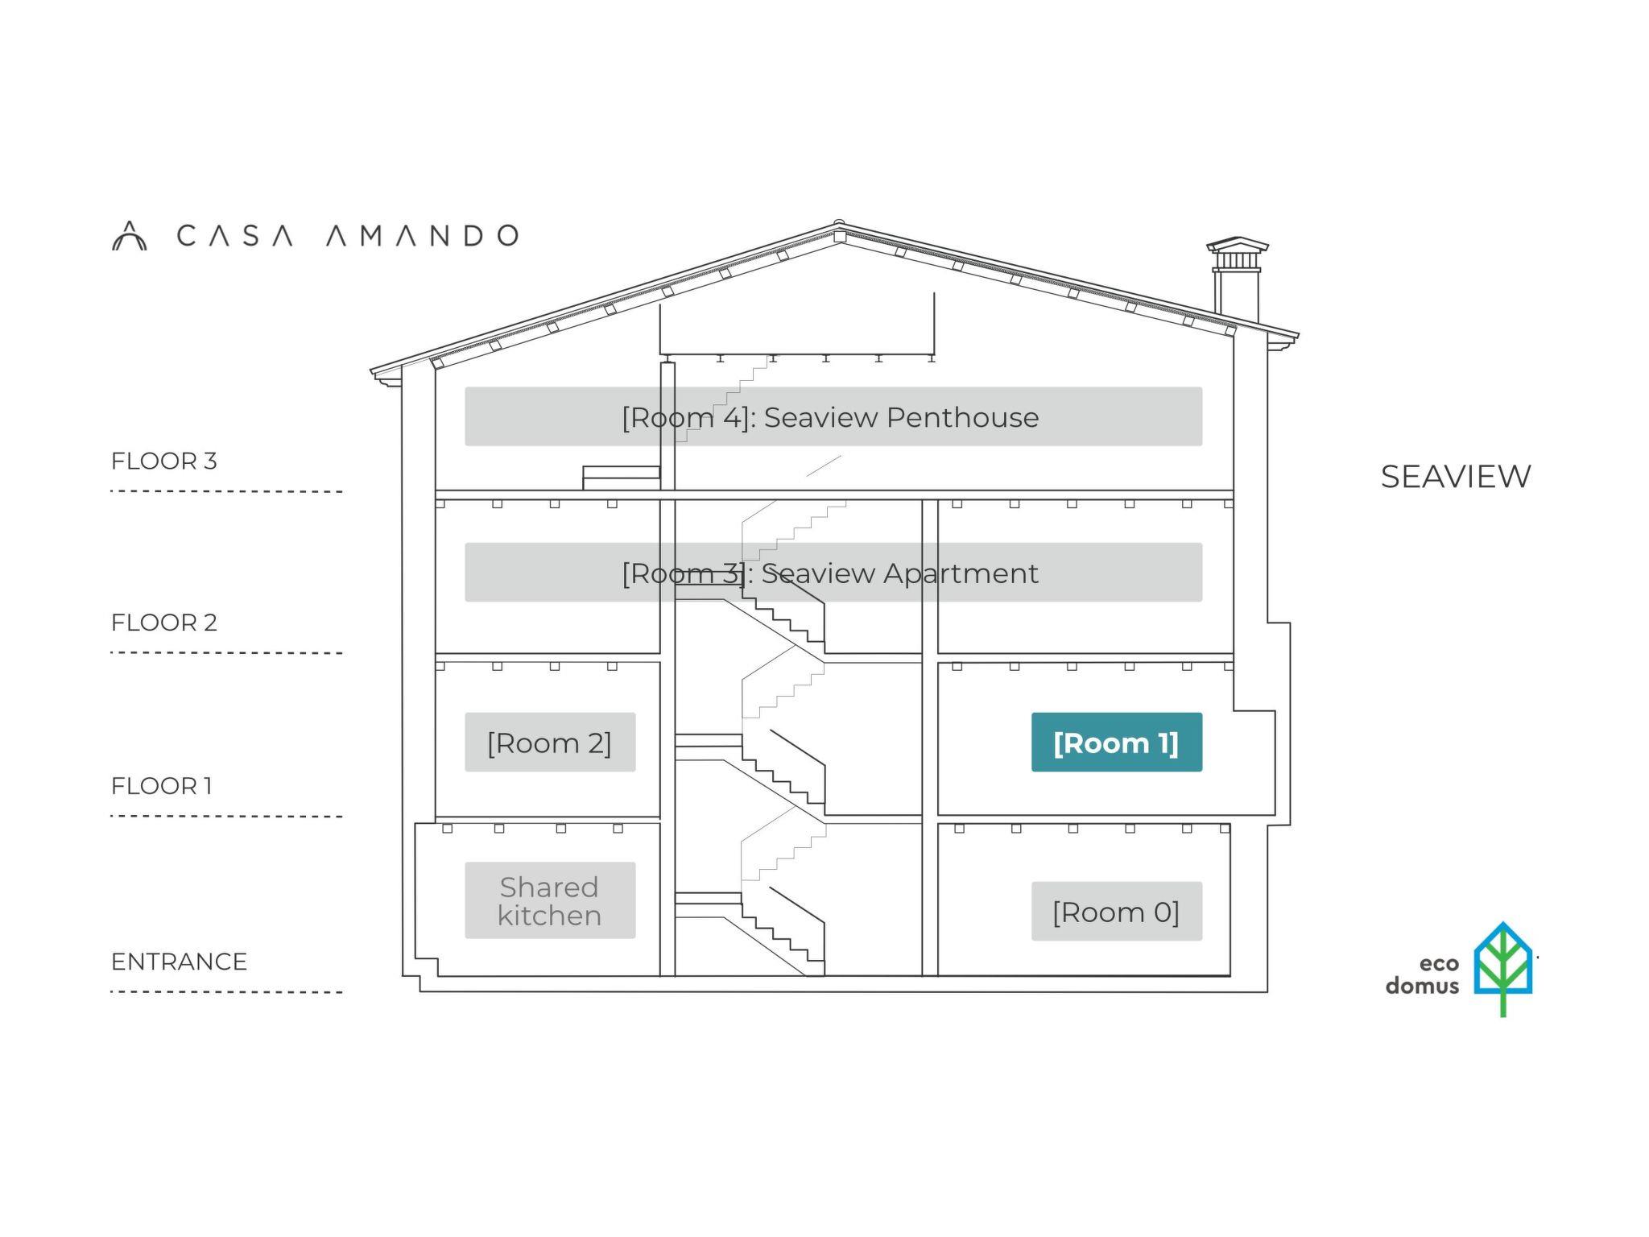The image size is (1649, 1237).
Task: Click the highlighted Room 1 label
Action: click(1116, 742)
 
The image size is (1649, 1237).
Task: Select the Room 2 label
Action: click(549, 742)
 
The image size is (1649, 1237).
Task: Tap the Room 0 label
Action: click(1116, 911)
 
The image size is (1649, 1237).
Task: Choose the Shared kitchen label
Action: click(549, 900)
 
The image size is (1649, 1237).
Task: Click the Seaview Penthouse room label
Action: click(833, 416)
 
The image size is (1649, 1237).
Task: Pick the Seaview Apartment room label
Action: click(833, 573)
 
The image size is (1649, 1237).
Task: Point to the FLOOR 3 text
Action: click(163, 461)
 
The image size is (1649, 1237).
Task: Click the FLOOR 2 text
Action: click(163, 622)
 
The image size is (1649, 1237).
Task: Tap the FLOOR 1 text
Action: click(161, 785)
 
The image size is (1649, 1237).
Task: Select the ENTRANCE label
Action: click(179, 961)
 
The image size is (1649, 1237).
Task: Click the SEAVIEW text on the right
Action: click(1455, 476)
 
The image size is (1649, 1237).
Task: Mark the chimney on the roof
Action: click(1237, 278)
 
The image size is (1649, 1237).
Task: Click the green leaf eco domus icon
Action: click(1502, 967)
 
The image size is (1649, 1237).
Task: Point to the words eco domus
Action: click(1422, 974)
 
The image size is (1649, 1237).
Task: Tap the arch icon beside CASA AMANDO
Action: click(129, 236)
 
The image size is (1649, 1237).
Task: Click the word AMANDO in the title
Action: click(422, 235)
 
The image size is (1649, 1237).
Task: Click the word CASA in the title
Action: click(234, 235)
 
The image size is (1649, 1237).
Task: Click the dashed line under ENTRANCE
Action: click(225, 991)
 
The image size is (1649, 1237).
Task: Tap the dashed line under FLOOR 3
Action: click(225, 490)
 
